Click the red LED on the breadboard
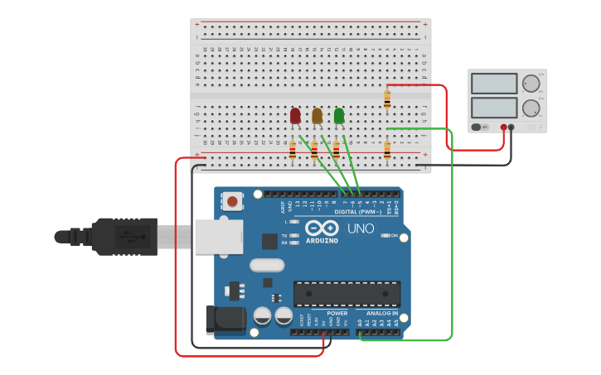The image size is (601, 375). (295, 115)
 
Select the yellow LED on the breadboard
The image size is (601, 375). (317, 115)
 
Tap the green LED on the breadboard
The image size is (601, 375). (339, 115)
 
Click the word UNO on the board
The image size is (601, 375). (360, 228)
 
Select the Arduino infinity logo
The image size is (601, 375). (322, 228)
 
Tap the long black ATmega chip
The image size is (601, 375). (347, 294)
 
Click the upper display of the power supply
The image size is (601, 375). (494, 84)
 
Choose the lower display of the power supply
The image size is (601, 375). (494, 108)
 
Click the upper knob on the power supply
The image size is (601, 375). (531, 83)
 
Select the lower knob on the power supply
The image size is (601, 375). (531, 108)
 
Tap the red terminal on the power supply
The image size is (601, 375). (504, 127)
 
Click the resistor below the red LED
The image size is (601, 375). (293, 151)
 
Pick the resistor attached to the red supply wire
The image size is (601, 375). (387, 99)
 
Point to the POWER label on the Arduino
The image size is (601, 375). (337, 313)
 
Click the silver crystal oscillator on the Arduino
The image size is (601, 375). (266, 266)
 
